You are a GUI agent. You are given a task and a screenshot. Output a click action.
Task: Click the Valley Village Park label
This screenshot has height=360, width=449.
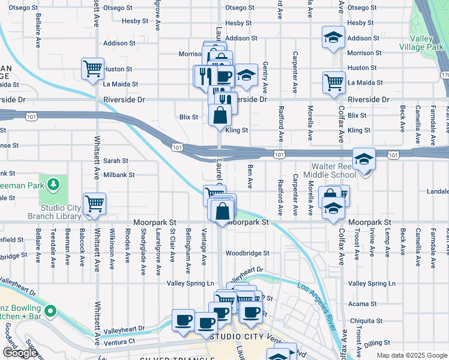click(427, 43)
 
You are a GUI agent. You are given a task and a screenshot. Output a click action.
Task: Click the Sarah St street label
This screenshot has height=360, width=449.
click(116, 161)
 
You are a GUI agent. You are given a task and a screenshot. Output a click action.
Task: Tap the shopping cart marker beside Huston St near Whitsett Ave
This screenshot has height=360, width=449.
click(93, 68)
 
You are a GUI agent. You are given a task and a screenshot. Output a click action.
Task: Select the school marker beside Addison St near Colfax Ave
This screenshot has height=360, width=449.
click(334, 37)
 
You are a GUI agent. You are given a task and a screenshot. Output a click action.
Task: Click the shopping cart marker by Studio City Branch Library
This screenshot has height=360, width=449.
click(94, 203)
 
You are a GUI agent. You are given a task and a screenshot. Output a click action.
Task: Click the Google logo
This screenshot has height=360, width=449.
click(20, 353)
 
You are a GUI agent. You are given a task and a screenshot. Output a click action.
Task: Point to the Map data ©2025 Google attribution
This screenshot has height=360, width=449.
click(412, 355)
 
